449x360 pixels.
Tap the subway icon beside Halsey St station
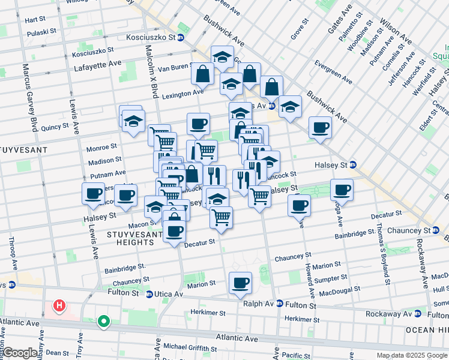353,164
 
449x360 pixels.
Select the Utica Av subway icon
149,293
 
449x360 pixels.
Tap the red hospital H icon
59,307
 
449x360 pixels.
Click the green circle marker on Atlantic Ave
104,322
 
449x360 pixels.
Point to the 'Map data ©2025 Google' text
412,355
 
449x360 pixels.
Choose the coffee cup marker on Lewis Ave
93,194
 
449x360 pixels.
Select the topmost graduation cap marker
222,58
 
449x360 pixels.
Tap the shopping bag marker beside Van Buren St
203,74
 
